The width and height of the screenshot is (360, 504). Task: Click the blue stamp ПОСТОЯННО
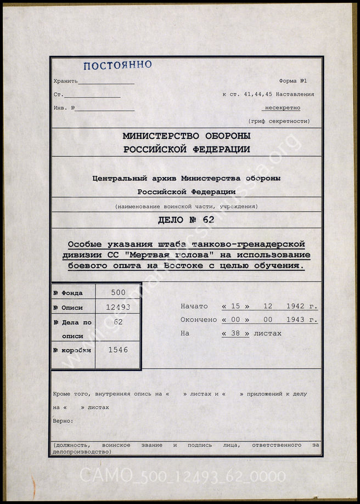click(117, 65)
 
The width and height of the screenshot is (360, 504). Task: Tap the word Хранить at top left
click(66, 81)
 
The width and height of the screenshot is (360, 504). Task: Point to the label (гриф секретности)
click(279, 121)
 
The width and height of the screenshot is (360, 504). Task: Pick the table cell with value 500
click(118, 293)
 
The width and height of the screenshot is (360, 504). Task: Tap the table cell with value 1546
click(118, 349)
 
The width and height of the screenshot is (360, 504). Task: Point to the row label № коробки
click(72, 349)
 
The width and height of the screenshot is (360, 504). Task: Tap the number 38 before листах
click(235, 333)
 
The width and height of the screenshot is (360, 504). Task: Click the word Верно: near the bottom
click(63, 421)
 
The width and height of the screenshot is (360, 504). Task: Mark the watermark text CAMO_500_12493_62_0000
click(183, 475)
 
